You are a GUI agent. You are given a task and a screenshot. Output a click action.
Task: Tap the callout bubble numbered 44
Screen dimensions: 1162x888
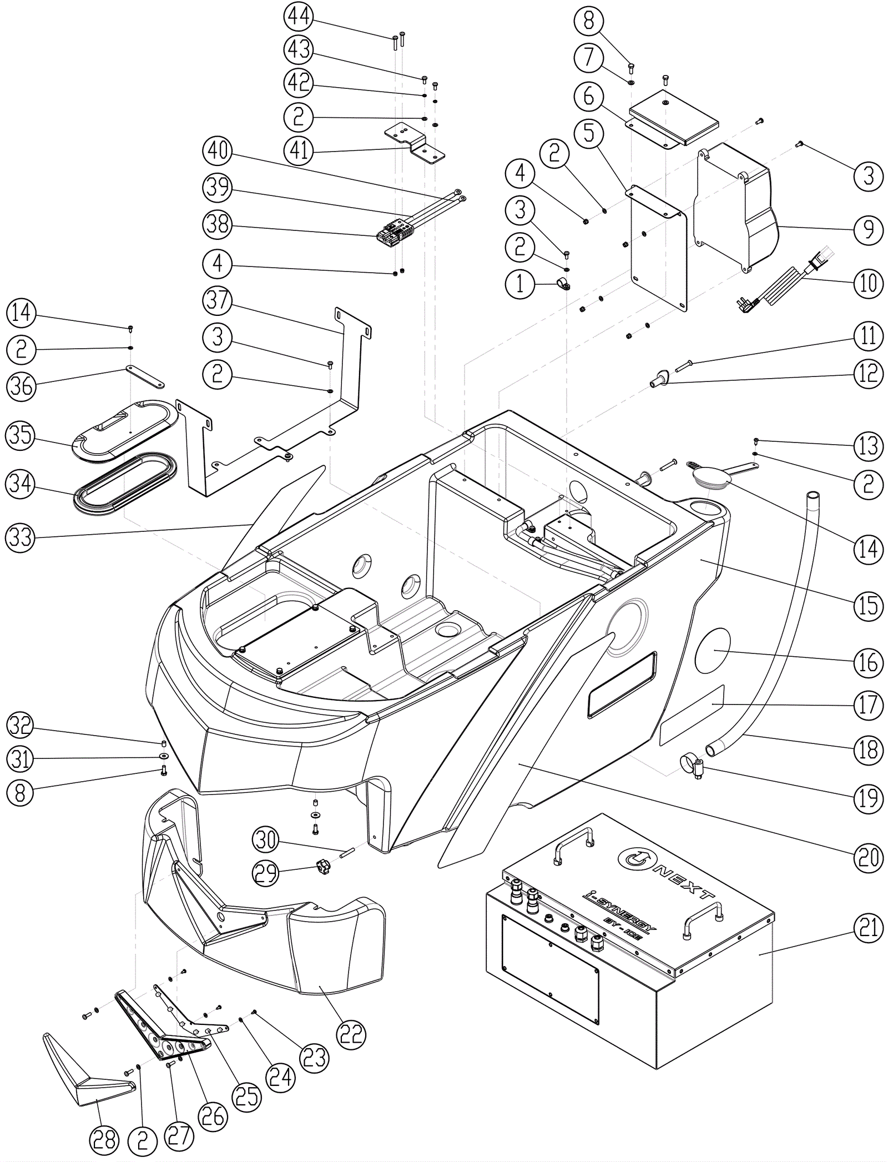[x=299, y=17]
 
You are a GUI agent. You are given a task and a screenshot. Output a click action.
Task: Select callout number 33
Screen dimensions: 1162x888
[x=21, y=537]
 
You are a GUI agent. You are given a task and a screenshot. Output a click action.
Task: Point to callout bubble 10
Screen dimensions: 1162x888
[x=868, y=283]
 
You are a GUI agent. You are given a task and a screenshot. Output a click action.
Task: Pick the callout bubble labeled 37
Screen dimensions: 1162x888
[x=218, y=300]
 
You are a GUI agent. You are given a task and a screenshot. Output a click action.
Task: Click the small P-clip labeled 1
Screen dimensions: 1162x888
[x=562, y=286]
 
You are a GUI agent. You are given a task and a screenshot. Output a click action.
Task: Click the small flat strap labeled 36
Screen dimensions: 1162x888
[x=145, y=376]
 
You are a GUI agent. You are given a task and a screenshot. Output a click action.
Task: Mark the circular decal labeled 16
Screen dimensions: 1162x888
[x=714, y=651]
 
